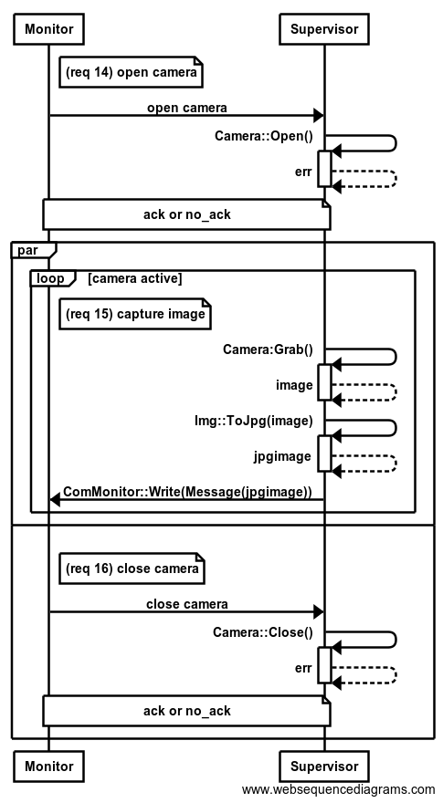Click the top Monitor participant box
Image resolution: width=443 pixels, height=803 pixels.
(49, 28)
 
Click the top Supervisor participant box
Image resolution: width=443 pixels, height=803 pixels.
(324, 28)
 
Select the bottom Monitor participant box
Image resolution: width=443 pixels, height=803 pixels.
(49, 766)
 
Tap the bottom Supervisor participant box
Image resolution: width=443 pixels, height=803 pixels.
(324, 766)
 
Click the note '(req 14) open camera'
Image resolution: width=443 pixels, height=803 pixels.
(131, 72)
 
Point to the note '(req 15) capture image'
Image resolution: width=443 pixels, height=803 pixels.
(135, 313)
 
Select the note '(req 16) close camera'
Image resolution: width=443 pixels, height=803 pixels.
(132, 568)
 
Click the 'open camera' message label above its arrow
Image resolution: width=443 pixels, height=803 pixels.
(186, 108)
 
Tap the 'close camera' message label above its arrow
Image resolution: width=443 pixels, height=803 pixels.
(186, 604)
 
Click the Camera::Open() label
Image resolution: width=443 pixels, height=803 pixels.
(264, 136)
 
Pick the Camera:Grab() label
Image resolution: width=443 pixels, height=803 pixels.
(268, 349)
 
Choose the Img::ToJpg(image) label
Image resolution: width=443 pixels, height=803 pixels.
(253, 421)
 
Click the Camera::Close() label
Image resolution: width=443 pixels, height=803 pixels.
(262, 633)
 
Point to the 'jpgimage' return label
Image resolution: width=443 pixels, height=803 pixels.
(282, 456)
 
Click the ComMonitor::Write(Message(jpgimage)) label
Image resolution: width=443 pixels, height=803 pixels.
(187, 492)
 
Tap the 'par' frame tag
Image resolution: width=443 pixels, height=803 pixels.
(27, 250)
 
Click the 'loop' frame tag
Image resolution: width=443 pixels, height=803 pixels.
(50, 278)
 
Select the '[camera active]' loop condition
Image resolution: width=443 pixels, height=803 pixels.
(134, 278)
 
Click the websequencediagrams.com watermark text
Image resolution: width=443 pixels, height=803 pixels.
(338, 789)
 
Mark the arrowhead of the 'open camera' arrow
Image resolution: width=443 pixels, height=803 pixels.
(319, 116)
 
